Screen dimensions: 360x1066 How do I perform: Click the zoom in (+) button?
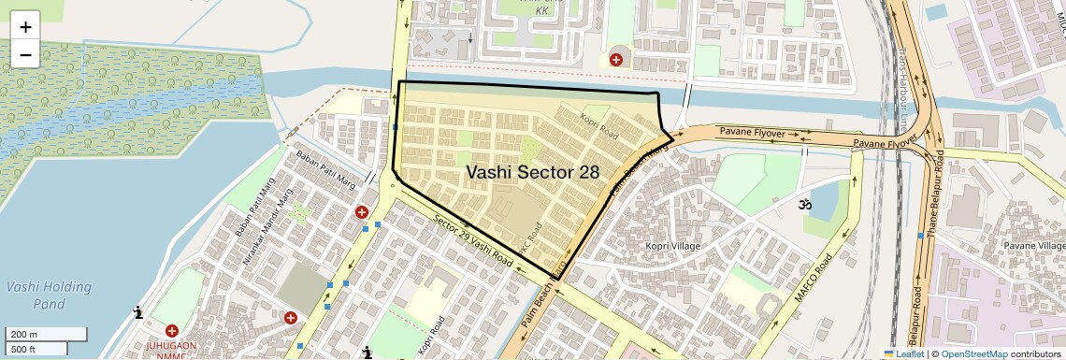pyautogui.click(x=25, y=26)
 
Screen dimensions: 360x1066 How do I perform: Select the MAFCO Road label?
pyautogui.click(x=814, y=278)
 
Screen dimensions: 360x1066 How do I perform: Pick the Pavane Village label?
pyautogui.click(x=1034, y=245)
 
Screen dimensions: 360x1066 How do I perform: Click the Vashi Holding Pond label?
pyautogui.click(x=49, y=295)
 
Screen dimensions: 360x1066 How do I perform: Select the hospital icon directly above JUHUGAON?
pyautogui.click(x=172, y=331)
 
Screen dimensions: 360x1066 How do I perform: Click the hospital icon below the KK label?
pyautogui.click(x=615, y=60)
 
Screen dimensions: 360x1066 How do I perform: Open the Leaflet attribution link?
pyautogui.click(x=903, y=353)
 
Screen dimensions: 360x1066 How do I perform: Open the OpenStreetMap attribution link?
pyautogui.click(x=973, y=353)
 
